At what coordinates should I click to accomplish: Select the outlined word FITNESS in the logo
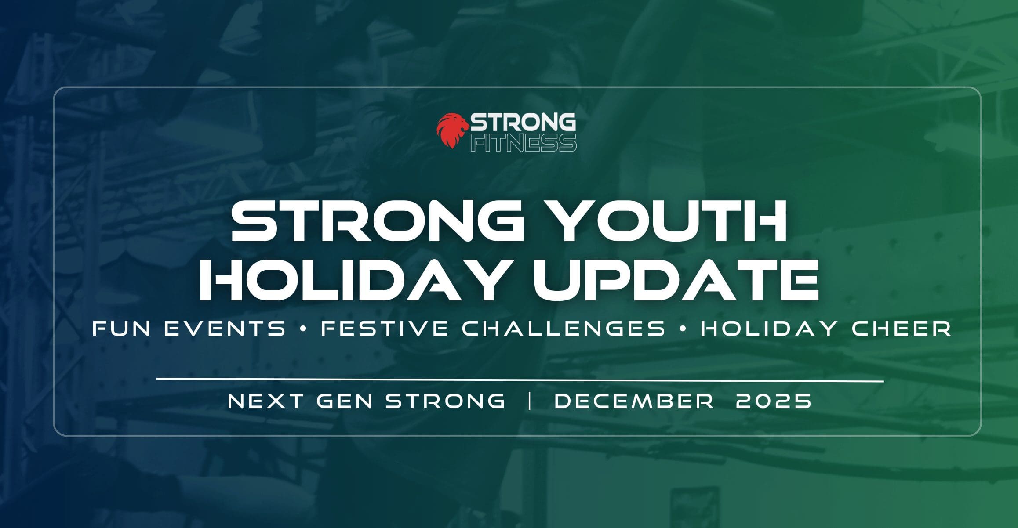pos(523,143)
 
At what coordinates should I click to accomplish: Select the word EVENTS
pos(225,329)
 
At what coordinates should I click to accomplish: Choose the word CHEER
pos(902,329)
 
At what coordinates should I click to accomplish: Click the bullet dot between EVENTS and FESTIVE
pos(303,329)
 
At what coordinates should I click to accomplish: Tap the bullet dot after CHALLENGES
pos(683,329)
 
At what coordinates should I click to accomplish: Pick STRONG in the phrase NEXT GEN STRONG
pos(445,401)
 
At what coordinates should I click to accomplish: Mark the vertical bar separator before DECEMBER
pos(530,401)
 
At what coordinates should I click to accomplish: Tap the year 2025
pos(774,401)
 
